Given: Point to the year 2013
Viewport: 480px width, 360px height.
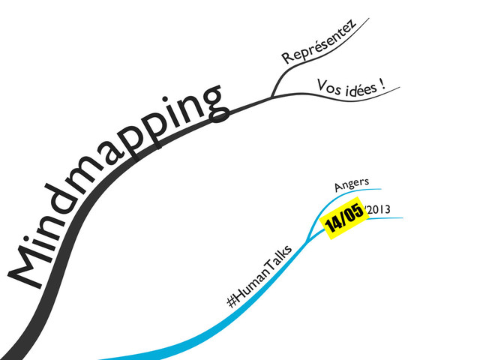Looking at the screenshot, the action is tap(377, 209).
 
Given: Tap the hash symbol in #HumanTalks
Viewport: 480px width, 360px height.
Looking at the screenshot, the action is tap(232, 303).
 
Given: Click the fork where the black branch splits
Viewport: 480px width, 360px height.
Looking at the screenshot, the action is tap(271, 97).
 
